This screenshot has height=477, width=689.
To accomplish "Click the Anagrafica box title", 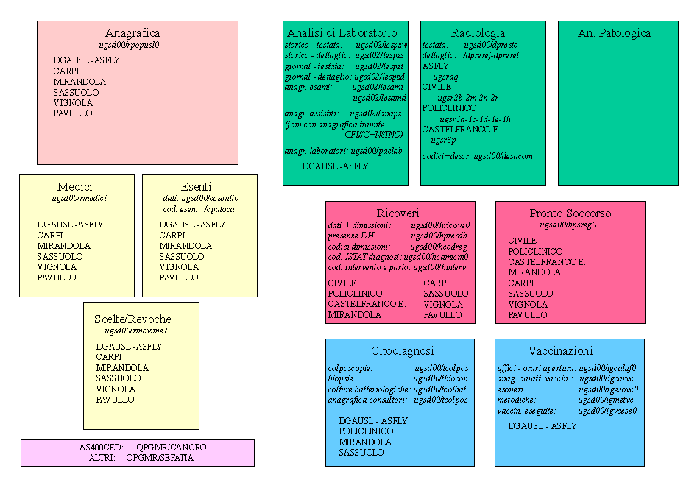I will click(132, 33).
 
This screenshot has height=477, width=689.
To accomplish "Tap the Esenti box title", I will click(196, 187).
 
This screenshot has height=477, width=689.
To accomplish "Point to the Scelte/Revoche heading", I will click(132, 319).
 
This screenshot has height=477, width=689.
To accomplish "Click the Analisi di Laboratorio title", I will click(342, 33).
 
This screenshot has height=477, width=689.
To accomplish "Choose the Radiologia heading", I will click(478, 33).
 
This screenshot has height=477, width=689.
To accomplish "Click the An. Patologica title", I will click(614, 33).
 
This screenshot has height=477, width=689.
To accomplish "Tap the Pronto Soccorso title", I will click(570, 213).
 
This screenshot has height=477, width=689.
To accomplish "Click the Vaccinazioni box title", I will click(570, 351).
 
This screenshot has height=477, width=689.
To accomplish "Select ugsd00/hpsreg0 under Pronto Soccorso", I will click(568, 225).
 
